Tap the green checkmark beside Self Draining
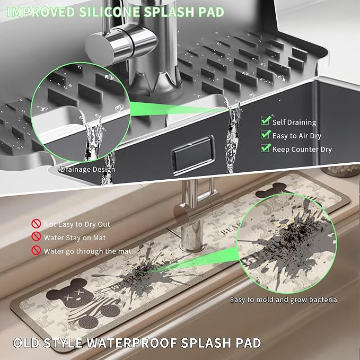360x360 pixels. coord(266,120)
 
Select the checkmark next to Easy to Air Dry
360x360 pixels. coord(266,134)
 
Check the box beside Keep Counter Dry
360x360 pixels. coord(266,147)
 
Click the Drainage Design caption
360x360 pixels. coord(87,170)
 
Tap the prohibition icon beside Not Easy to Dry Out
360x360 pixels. coord(36,223)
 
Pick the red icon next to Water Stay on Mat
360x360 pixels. coord(36,236)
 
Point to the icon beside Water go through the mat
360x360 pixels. coord(36,250)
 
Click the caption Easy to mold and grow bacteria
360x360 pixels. coord(284,300)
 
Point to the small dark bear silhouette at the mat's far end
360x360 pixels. coord(271,190)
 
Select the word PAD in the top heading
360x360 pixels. coord(211,12)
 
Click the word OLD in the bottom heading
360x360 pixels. coord(27,343)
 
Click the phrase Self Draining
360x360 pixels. coord(294,122)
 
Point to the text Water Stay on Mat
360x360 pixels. coord(75,238)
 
